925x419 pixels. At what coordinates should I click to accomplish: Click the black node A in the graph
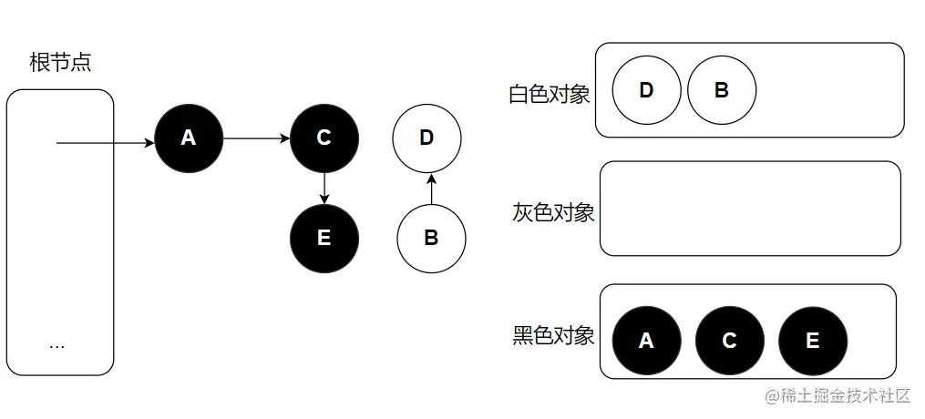point(189,138)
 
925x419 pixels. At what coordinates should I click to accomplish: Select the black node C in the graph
point(324,138)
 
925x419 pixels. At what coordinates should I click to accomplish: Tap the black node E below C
point(324,239)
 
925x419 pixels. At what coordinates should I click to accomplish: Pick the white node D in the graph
point(427,138)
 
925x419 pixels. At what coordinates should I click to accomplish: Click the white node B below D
point(431,239)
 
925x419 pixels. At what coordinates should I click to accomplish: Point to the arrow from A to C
point(256,138)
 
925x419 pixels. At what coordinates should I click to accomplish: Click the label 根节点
point(60,63)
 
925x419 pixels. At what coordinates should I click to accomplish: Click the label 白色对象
point(550,94)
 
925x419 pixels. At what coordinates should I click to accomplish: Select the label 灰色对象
point(553,213)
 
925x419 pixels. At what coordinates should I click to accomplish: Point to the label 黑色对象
point(553,335)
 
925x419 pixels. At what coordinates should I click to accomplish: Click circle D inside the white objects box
point(646,90)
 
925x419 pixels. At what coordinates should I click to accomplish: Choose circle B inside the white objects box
point(721,90)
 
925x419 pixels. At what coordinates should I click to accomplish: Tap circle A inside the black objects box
point(646,341)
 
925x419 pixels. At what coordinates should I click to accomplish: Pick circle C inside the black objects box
point(729,341)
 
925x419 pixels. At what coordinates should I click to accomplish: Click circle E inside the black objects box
point(812,341)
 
